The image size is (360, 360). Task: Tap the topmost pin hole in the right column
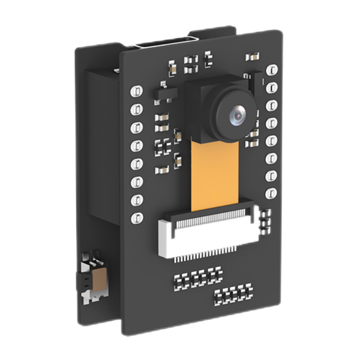[272, 70]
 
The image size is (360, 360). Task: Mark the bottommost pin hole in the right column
[271, 193]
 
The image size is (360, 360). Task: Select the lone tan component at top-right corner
[252, 57]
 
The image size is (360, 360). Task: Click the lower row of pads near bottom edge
[233, 294]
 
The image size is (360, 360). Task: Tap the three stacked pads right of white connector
[266, 220]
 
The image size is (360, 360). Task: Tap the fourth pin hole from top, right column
[271, 123]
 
